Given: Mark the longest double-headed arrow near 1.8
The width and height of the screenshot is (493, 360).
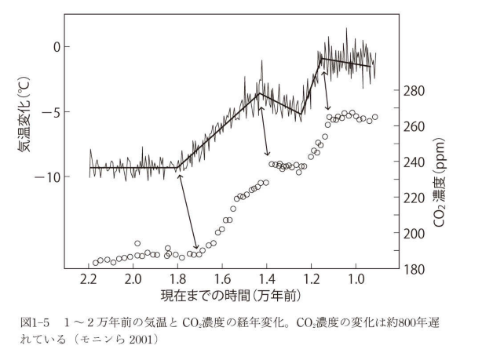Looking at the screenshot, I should coord(188,211).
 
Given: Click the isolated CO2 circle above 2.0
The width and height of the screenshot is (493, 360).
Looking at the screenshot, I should coord(137,243).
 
